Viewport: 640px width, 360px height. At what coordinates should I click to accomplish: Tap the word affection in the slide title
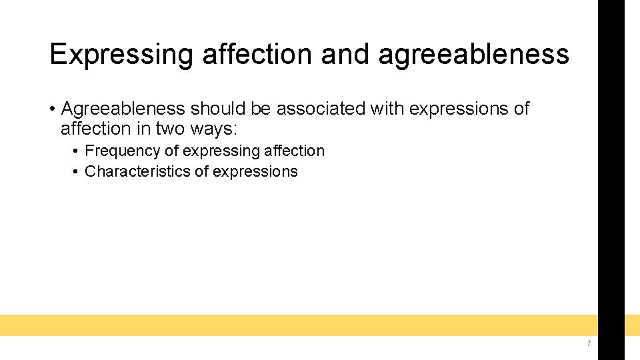[257, 54]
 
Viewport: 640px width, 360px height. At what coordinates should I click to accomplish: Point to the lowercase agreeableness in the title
[473, 54]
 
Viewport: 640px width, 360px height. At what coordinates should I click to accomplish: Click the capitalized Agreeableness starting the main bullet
[123, 109]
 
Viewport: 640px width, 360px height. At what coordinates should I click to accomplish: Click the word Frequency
[123, 151]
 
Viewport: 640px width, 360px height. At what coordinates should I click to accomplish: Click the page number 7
[589, 343]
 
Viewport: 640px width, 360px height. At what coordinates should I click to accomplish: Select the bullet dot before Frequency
[76, 152]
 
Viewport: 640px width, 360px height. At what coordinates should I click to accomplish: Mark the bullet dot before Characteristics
[76, 172]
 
